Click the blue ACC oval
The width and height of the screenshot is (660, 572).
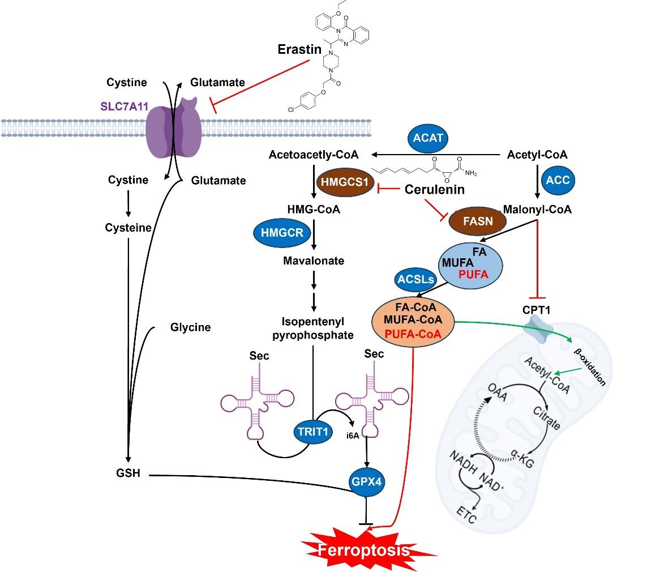pyautogui.click(x=558, y=180)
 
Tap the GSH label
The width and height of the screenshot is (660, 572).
pyautogui.click(x=128, y=473)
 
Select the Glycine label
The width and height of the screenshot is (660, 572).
pyautogui.click(x=190, y=327)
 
